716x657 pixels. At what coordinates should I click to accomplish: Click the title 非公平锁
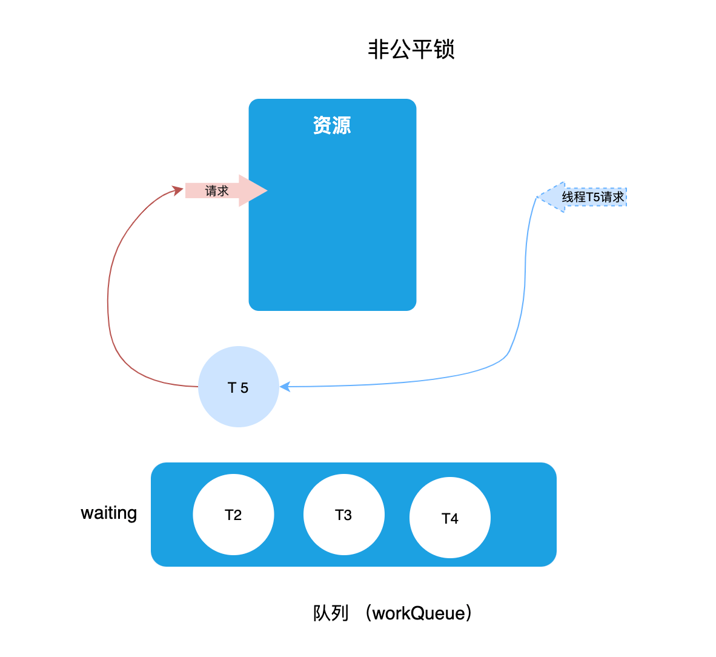point(411,50)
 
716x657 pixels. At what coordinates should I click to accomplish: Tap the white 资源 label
point(332,125)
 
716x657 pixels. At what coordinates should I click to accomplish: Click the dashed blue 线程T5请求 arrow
point(585,197)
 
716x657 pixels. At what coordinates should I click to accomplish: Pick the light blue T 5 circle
point(239,387)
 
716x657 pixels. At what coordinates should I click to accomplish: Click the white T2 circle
point(233,515)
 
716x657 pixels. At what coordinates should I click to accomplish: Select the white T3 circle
point(343,515)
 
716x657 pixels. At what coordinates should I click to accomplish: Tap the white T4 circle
point(450,518)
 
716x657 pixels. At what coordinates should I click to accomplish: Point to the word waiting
point(109,513)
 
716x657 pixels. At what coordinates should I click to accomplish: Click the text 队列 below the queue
point(331,613)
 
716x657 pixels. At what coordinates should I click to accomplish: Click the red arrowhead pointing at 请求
point(178,191)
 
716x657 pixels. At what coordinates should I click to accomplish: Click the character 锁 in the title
point(444,50)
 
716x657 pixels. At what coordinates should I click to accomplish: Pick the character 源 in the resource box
point(342,125)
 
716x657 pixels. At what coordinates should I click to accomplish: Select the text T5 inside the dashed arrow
point(593,197)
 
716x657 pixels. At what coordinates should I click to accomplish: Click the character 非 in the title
point(378,50)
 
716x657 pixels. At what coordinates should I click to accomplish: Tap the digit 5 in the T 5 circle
point(244,388)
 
